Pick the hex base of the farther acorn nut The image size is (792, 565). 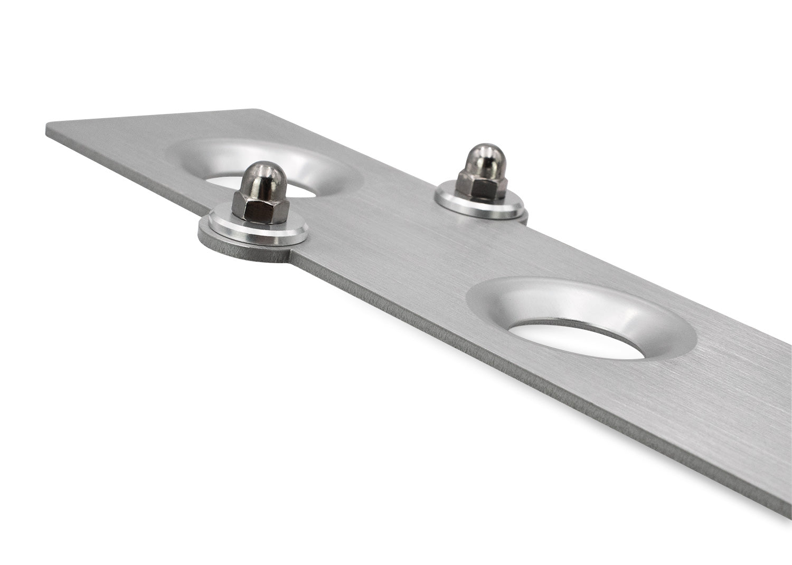coord(481,185)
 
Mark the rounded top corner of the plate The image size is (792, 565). coord(257,110)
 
